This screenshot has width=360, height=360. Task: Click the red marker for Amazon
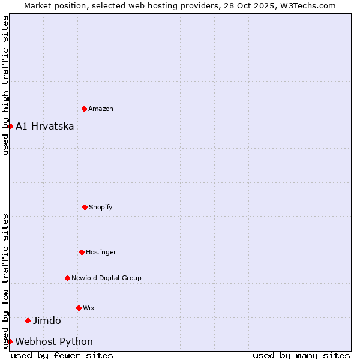click(84, 109)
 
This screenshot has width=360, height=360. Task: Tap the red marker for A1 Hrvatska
click(10, 126)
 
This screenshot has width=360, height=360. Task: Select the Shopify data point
click(85, 207)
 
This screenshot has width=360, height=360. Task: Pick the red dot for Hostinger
click(82, 252)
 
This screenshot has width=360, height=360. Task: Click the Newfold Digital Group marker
click(67, 278)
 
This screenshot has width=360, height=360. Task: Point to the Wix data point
click(79, 308)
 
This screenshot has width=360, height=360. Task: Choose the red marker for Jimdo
click(28, 320)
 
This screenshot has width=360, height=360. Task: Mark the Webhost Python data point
click(10, 341)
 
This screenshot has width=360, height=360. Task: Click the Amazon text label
click(101, 109)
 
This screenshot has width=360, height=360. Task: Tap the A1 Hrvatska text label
click(45, 126)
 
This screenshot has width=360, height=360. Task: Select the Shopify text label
click(101, 208)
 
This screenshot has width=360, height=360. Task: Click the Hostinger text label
click(101, 253)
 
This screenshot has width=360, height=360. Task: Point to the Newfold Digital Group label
click(107, 278)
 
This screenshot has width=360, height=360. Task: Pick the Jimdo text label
click(47, 321)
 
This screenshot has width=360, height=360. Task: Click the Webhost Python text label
click(54, 342)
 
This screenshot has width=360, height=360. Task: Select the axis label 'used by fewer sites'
click(62, 355)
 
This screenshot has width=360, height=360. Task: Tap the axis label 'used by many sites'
click(301, 355)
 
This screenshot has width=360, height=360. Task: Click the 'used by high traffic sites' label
click(5, 85)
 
